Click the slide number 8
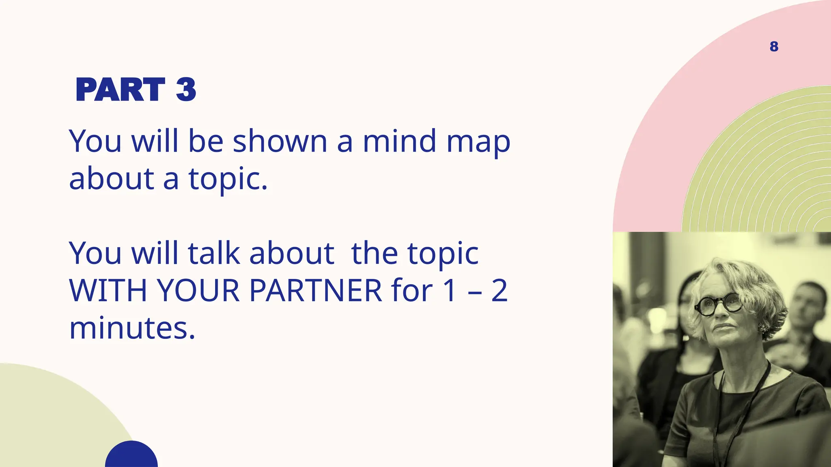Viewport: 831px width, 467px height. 774,47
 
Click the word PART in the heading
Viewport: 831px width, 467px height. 120,90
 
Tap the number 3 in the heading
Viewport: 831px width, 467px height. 186,90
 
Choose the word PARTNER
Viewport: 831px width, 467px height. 315,291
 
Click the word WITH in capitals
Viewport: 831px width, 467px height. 108,291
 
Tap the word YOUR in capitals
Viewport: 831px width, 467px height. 198,291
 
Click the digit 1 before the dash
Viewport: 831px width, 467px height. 450,291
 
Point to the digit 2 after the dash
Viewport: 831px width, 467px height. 499,291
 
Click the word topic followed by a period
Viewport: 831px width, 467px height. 227,179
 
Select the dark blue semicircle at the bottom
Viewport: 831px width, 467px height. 131,456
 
